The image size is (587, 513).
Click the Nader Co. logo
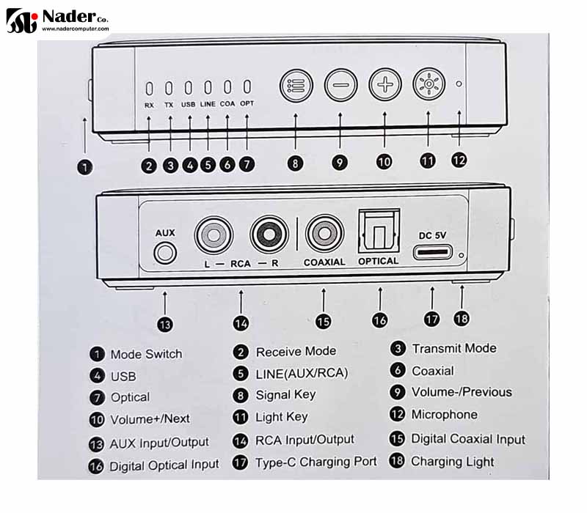(58, 21)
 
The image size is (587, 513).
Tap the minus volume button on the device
(340, 85)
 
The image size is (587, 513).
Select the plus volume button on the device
(384, 84)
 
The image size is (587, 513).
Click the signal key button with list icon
(296, 86)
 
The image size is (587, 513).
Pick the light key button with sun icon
(429, 84)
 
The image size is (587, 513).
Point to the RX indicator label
(149, 106)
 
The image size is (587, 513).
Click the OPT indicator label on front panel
(247, 103)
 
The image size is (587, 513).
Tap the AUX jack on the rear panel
(164, 253)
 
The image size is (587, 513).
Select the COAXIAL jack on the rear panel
(324, 234)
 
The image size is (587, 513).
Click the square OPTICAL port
(379, 232)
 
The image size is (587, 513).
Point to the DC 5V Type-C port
(432, 252)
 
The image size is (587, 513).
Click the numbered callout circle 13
(165, 325)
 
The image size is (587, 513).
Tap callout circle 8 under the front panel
(296, 163)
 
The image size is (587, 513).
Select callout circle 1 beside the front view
(84, 167)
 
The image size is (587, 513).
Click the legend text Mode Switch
(146, 354)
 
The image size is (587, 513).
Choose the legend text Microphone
(445, 414)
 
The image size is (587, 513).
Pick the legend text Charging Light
(453, 462)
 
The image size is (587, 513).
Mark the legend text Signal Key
(285, 395)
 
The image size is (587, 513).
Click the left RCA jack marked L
(214, 235)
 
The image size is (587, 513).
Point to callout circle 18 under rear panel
(462, 319)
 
